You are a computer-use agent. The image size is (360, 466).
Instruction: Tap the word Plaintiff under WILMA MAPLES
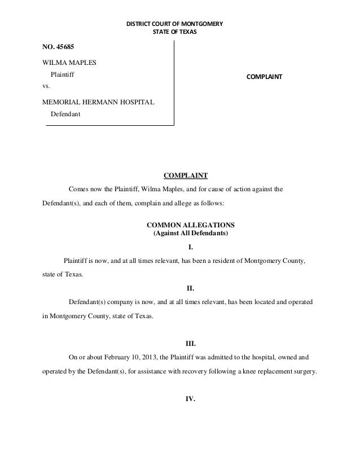click(63, 74)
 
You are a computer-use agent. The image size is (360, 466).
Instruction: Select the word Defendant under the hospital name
click(65, 115)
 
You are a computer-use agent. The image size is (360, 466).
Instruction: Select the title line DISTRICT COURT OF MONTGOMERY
click(174, 24)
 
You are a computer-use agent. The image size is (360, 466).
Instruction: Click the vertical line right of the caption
click(174, 82)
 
